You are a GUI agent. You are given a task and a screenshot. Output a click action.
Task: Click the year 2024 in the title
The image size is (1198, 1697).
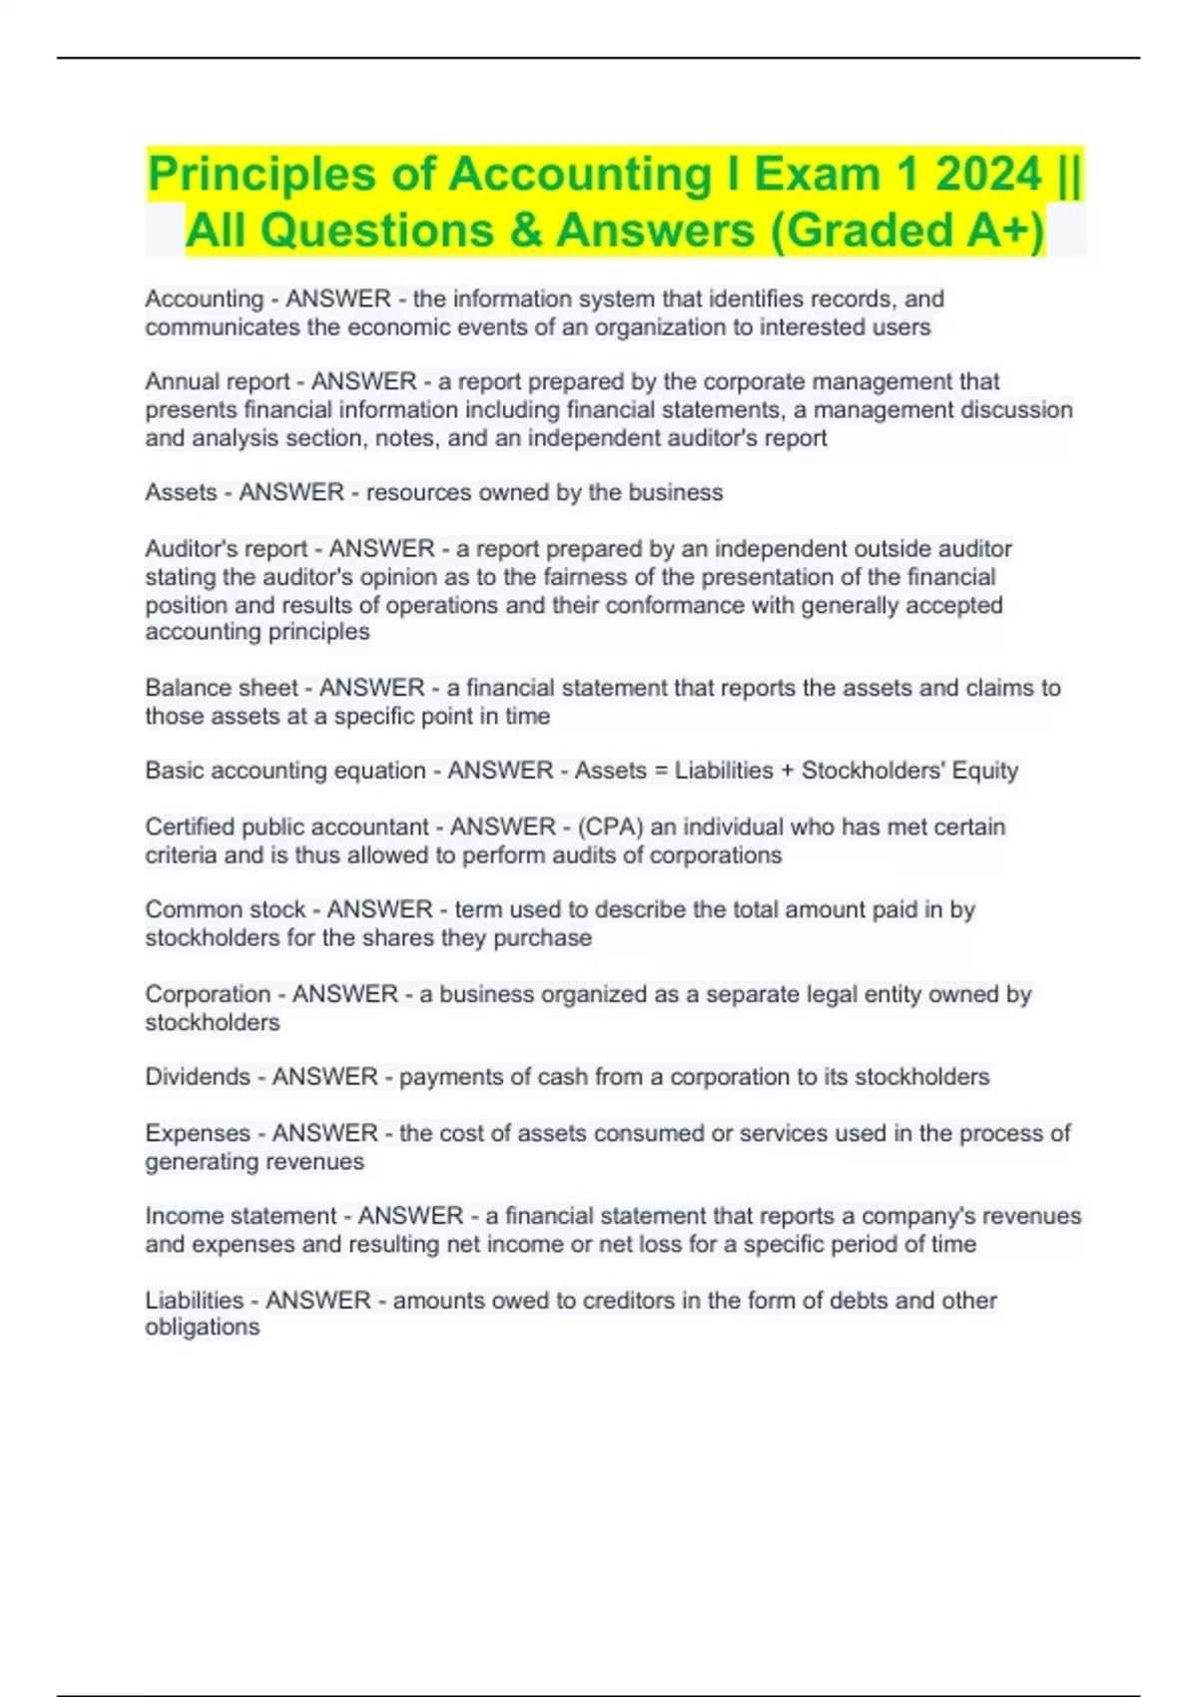click(x=988, y=174)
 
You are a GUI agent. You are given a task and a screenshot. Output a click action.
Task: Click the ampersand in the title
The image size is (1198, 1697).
click(x=526, y=231)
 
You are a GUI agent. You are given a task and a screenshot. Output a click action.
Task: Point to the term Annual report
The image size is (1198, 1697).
click(x=217, y=381)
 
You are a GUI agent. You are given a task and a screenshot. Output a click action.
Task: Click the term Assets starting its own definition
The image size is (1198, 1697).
click(x=181, y=492)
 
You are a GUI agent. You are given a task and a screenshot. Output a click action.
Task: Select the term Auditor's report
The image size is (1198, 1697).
click(x=226, y=549)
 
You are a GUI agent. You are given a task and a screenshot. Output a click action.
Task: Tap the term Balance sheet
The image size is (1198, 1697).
click(x=221, y=688)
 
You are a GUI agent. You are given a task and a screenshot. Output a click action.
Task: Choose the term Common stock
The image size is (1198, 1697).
click(x=225, y=909)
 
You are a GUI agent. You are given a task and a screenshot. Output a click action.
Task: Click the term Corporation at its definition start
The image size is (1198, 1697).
click(x=208, y=994)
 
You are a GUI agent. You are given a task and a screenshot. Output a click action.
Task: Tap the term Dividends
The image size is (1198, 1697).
click(x=198, y=1077)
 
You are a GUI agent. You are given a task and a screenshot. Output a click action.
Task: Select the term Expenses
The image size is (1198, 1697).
click(x=198, y=1133)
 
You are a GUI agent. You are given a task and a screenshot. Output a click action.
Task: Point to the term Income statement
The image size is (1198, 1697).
click(x=241, y=1216)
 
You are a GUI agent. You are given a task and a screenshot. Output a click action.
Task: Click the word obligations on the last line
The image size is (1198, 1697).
click(x=203, y=1328)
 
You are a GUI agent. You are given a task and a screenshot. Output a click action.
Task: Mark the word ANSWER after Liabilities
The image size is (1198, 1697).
click(x=317, y=1301)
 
